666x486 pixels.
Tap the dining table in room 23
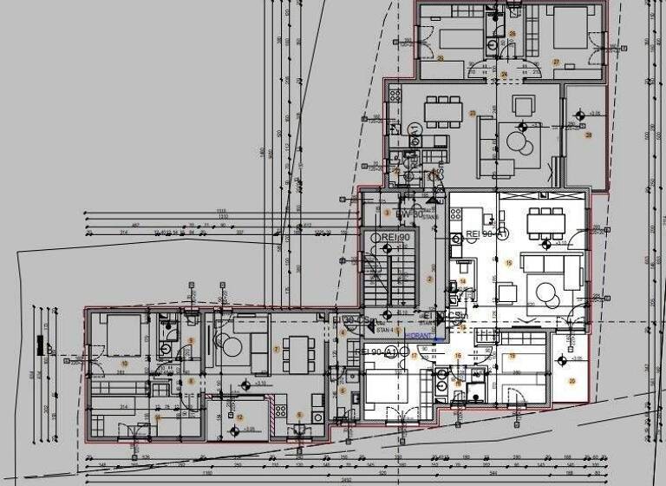pos(444,110)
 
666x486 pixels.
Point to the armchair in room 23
pos(524,106)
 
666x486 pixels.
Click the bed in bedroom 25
pos(459,38)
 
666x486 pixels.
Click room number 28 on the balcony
pos(589,135)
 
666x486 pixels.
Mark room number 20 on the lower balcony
pos(572,381)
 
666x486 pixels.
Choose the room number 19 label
pos(507,263)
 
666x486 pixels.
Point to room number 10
pos(125,363)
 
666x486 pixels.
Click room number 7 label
pos(276,349)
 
